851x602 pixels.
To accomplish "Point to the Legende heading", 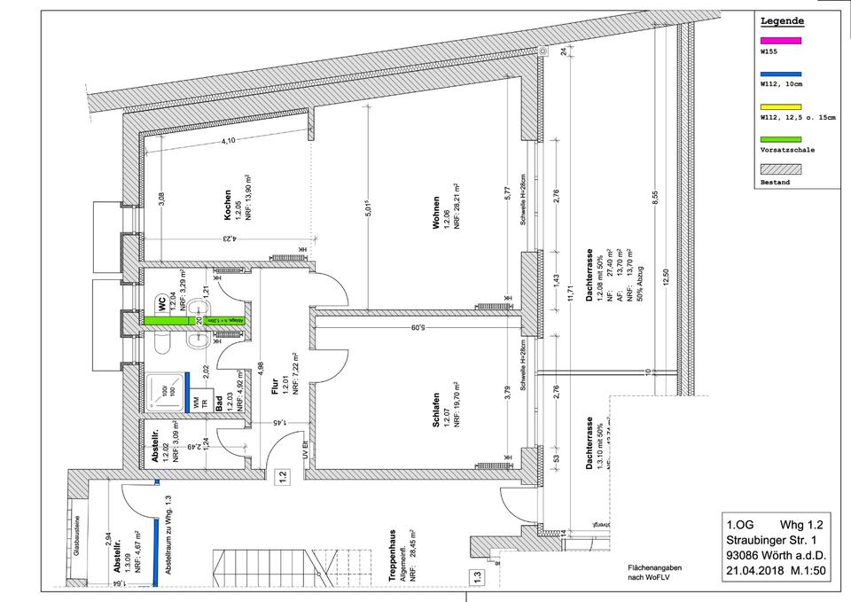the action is tap(783, 20).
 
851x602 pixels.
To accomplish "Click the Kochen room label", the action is tap(228, 207).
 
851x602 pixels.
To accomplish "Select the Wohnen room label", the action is tap(437, 213).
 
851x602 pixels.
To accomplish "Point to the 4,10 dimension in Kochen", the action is tap(228, 142).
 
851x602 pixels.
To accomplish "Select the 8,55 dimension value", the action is tap(655, 200).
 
